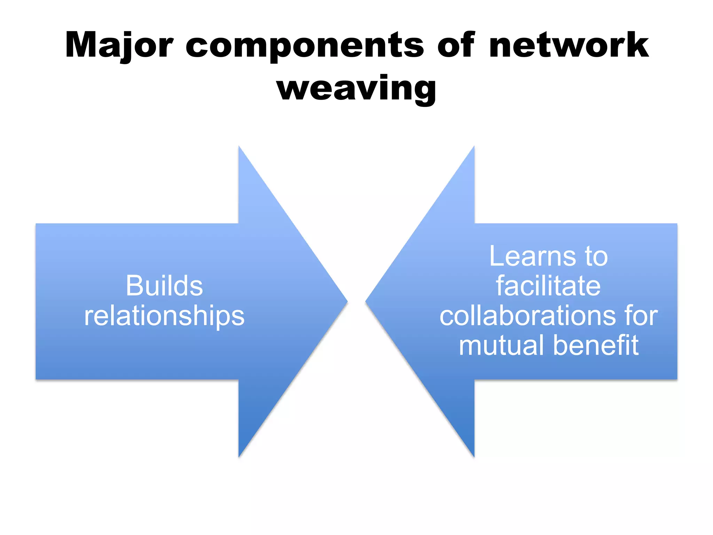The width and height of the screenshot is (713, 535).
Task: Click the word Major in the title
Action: coord(119,45)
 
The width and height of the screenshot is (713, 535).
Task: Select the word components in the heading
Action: coord(305,45)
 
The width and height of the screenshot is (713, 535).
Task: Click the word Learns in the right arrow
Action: coord(533,256)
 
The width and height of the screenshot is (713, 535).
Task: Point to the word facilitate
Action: coord(548,286)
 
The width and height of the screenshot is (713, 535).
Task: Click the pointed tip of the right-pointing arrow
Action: coord(347,301)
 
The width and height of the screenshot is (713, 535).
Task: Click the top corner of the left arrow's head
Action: coord(239,147)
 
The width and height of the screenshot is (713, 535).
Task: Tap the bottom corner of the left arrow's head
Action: coord(239,456)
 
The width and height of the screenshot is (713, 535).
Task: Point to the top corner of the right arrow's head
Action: coord(474,147)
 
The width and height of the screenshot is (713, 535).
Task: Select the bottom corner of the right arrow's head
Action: coord(474,456)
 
